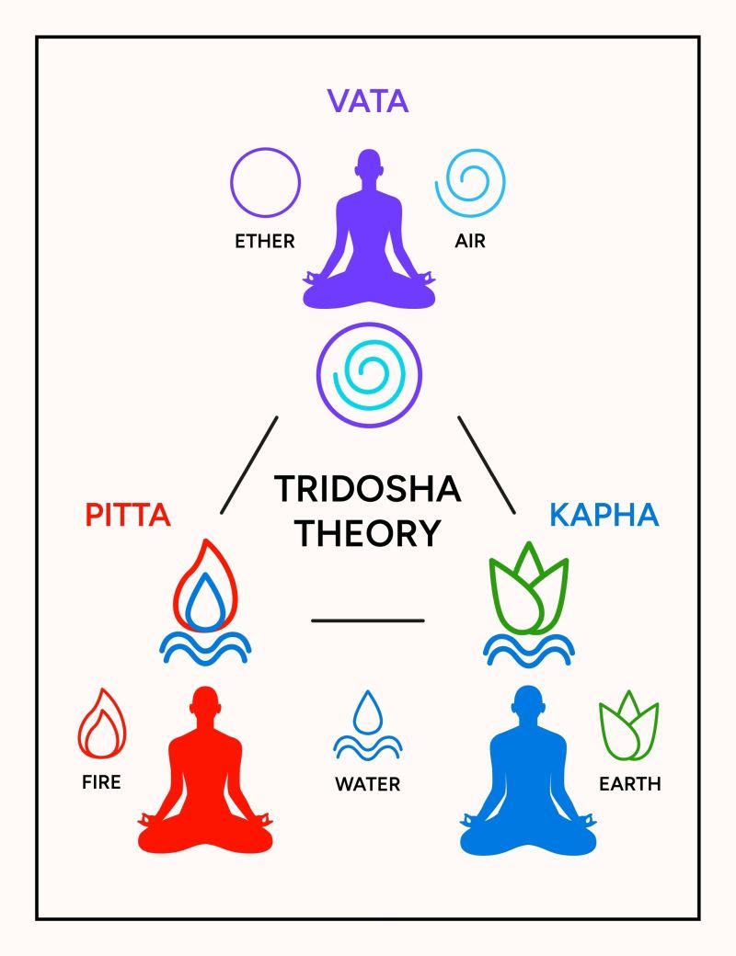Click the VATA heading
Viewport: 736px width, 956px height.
[368, 100]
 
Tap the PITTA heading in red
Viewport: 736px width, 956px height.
[128, 515]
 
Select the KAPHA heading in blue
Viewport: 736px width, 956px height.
[604, 515]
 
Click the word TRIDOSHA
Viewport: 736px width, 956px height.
[368, 489]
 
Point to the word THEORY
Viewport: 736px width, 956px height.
[368, 533]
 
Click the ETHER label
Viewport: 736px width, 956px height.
[264, 242]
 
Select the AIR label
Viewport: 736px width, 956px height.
[469, 242]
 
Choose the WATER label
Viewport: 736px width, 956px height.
[367, 784]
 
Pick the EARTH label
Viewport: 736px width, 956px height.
[630, 784]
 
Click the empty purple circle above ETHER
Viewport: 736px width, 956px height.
[265, 183]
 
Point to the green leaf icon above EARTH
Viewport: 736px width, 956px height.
[629, 729]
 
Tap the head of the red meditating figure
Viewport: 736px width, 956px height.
[205, 706]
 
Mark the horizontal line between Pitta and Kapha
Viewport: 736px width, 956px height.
[368, 620]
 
